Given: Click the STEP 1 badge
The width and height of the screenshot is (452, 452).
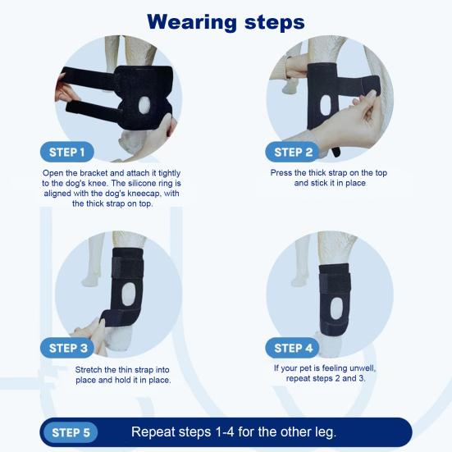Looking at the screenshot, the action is pyautogui.click(x=67, y=152).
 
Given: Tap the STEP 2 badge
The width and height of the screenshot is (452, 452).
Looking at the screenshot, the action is pyautogui.click(x=292, y=152).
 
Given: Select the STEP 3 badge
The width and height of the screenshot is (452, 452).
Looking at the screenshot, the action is pyautogui.click(x=67, y=348).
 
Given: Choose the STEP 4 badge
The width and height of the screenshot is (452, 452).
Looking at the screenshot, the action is pyautogui.click(x=292, y=348).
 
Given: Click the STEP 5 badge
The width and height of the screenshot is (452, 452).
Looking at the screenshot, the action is pyautogui.click(x=71, y=432).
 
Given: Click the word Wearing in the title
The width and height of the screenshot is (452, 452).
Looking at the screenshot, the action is pyautogui.click(x=192, y=23).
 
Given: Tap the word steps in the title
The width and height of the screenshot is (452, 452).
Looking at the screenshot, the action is pyautogui.click(x=275, y=23).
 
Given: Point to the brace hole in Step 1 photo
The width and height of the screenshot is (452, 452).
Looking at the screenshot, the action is pyautogui.click(x=144, y=105).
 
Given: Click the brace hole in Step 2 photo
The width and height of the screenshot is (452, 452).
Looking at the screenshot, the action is pyautogui.click(x=326, y=106).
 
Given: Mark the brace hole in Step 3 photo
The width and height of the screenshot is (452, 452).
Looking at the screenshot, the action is pyautogui.click(x=128, y=294).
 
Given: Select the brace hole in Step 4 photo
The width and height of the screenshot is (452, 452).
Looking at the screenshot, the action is pyautogui.click(x=336, y=308).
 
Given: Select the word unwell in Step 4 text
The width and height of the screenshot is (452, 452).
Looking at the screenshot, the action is pyautogui.click(x=363, y=368).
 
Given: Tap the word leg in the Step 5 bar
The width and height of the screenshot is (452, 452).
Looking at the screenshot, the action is pyautogui.click(x=327, y=432).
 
